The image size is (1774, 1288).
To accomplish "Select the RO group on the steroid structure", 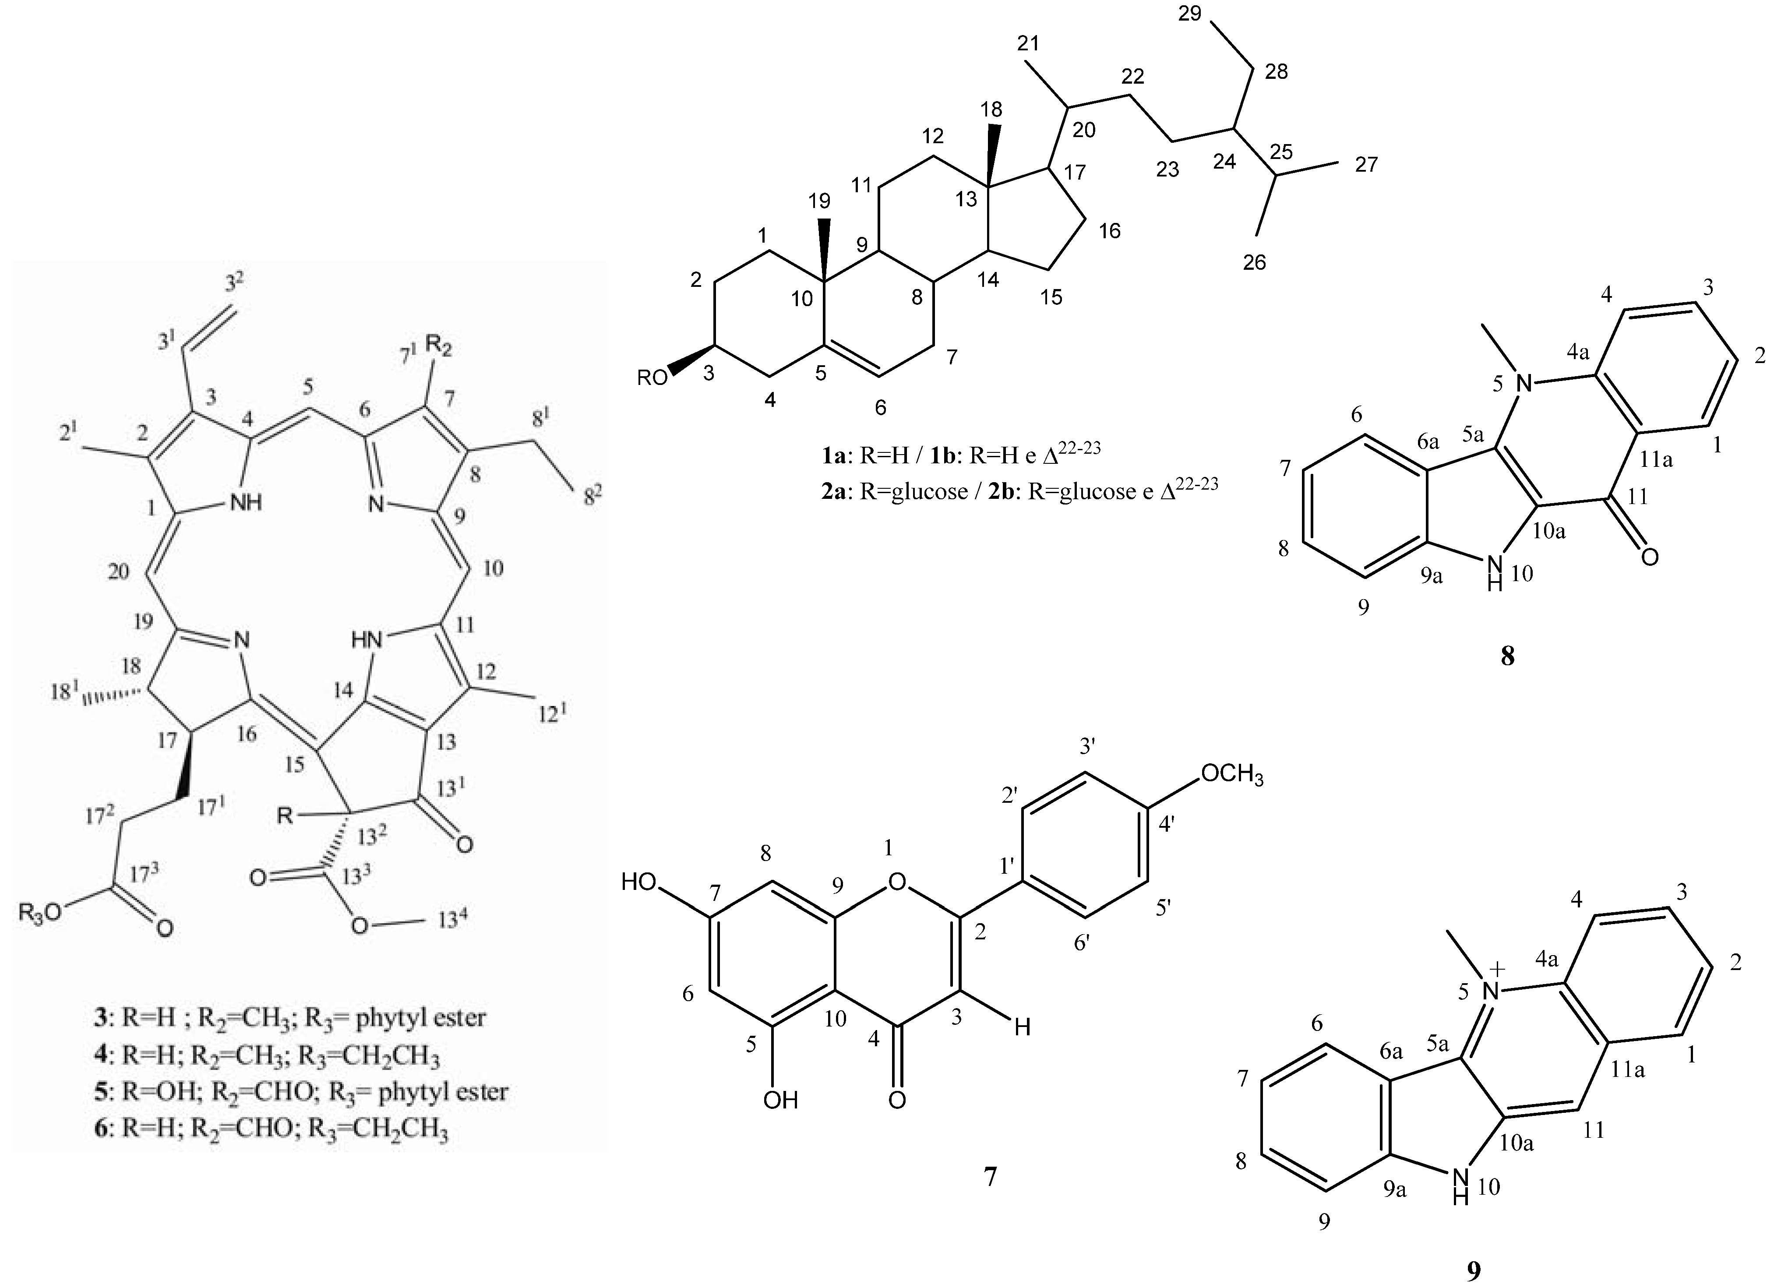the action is [x=654, y=378].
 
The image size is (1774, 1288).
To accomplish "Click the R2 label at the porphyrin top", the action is [x=439, y=344].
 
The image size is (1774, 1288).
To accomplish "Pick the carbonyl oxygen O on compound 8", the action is [x=1650, y=556].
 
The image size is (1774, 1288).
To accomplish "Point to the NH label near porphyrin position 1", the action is [x=247, y=503].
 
